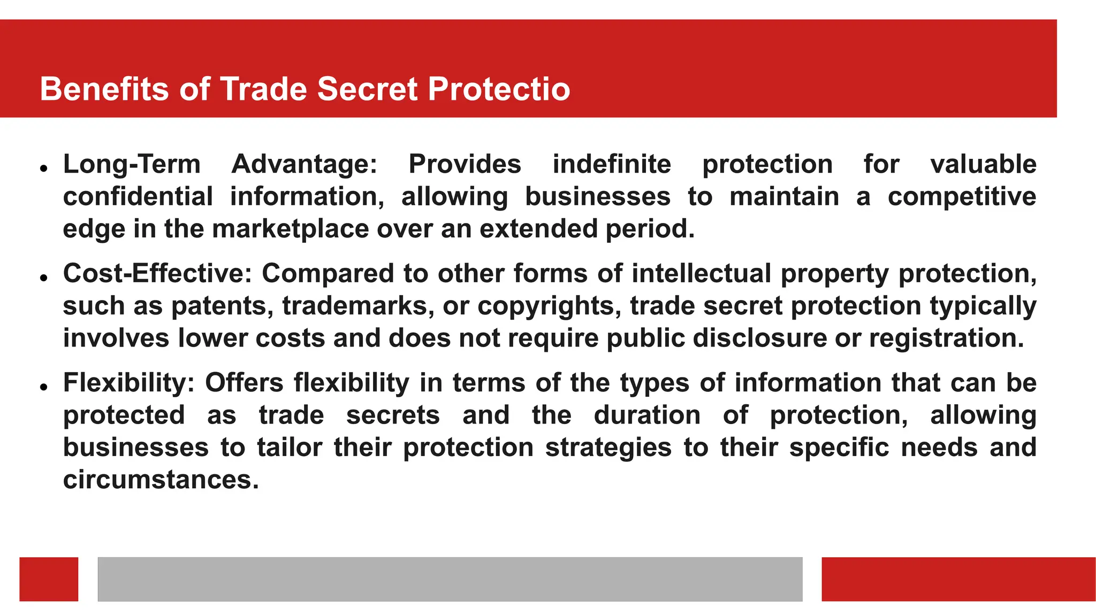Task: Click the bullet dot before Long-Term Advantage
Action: point(44,168)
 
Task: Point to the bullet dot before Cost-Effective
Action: point(44,278)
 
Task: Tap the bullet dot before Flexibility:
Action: point(44,387)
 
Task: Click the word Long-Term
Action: point(132,164)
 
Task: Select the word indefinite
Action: point(611,164)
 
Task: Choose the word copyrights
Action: point(549,306)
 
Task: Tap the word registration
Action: point(946,338)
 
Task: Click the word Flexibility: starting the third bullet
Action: point(129,383)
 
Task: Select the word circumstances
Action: point(161,480)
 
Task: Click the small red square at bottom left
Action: point(49,579)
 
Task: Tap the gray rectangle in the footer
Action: point(450,579)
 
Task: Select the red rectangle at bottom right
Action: point(958,579)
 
